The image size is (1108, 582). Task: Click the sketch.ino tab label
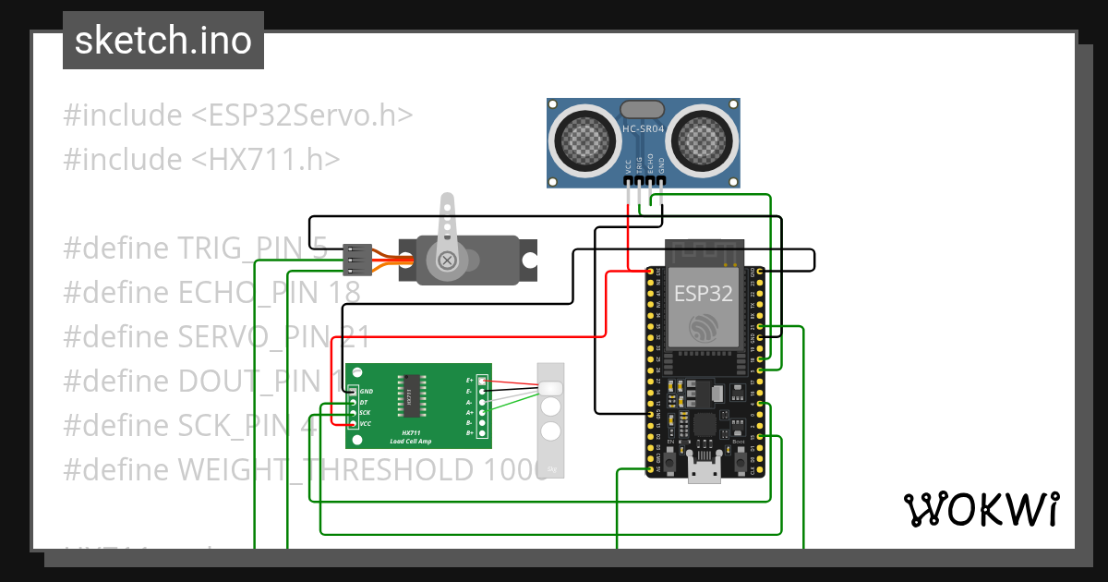tap(163, 41)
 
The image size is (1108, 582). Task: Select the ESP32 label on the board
tap(704, 294)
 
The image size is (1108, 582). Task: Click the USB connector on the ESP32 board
tap(705, 471)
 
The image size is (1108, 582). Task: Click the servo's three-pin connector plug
tap(357, 261)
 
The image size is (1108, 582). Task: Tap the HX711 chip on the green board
tap(409, 395)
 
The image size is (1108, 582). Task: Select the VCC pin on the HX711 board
tap(354, 423)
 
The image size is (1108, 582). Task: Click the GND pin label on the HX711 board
tap(367, 392)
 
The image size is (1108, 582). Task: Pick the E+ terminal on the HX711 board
tap(482, 381)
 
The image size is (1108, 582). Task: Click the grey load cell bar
tap(551, 420)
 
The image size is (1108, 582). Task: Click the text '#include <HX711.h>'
tap(201, 160)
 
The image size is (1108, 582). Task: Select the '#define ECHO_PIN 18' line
tap(211, 293)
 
